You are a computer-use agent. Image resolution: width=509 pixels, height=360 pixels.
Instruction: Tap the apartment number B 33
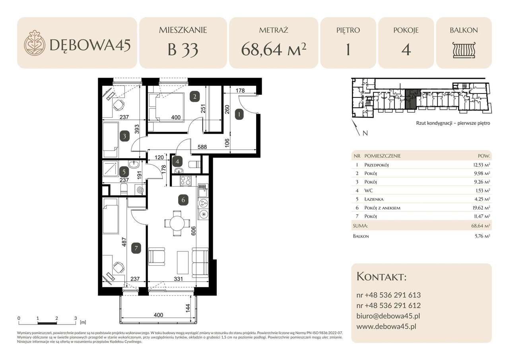(183, 50)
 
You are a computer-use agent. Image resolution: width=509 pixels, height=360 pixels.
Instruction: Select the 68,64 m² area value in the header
(274, 50)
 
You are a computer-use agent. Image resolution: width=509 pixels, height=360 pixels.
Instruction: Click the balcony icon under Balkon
(464, 50)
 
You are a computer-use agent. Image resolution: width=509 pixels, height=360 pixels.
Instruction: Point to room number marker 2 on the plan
(194, 95)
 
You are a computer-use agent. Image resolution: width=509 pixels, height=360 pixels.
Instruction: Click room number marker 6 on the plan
(183, 200)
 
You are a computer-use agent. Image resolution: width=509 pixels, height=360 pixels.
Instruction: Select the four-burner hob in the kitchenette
(186, 181)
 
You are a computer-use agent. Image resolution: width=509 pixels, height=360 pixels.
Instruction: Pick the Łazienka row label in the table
(373, 199)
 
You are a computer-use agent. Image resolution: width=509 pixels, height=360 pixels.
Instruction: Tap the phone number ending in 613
(389, 295)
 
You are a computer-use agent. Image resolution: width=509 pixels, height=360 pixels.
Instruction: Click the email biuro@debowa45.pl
(388, 316)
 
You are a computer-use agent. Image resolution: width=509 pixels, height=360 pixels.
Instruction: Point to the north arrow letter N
(365, 133)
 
